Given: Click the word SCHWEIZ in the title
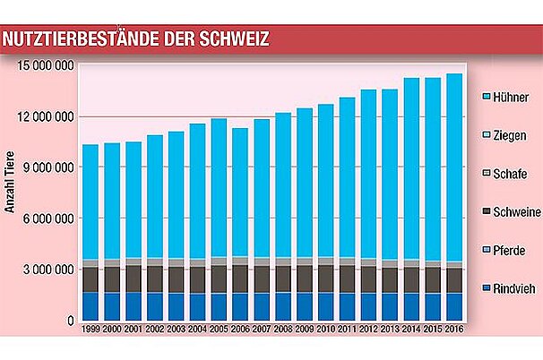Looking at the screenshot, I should tap(224, 39).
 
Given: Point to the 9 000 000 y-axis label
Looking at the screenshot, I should tap(47, 167).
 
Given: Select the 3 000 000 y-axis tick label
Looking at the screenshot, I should tap(47, 270).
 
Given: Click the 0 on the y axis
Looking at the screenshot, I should tap(68, 321).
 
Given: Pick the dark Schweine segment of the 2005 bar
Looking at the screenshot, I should tap(219, 279).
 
